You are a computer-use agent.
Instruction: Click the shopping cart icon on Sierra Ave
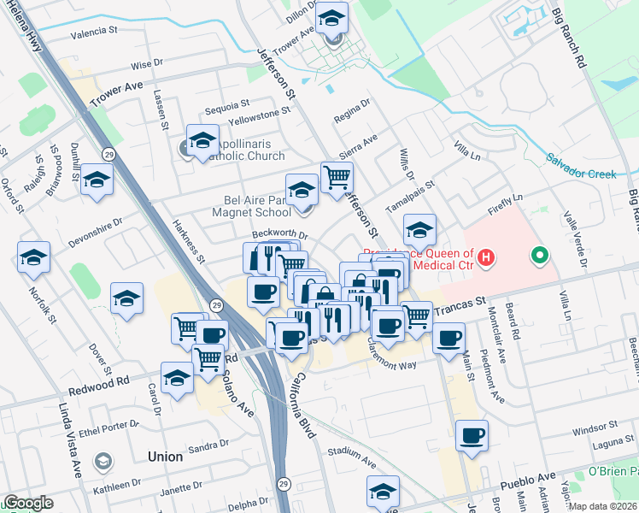pos(337,177)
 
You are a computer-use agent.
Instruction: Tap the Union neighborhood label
pos(165,457)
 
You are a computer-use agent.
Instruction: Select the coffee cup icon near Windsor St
pos(472,436)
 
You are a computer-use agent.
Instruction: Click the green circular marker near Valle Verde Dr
pos(539,255)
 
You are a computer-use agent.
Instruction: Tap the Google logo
pos(29,503)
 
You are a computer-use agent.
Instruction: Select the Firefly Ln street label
pos(505,202)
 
